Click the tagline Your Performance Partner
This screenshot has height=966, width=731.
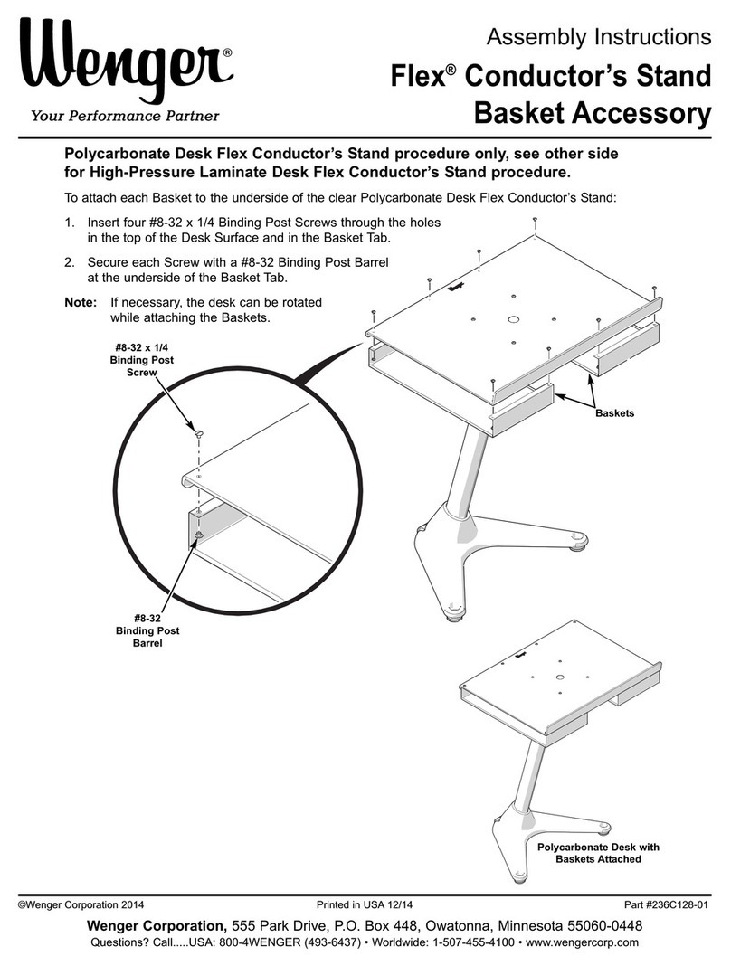click(x=125, y=115)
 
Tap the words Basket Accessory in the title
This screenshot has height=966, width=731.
click(x=593, y=115)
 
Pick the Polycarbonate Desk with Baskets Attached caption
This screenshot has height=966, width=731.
click(x=598, y=853)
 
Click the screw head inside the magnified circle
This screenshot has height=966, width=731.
click(x=198, y=436)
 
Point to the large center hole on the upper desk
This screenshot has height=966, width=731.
click(x=513, y=319)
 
